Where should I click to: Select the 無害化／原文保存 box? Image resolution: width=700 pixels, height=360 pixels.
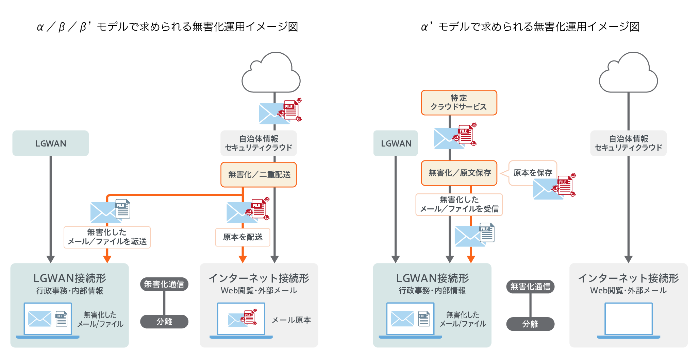tap(459, 173)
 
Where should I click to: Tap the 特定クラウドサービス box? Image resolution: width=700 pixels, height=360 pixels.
tap(459, 103)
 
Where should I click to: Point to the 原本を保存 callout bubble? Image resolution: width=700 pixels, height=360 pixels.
tap(532, 173)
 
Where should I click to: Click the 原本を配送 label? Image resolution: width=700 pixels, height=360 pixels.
tap(243, 237)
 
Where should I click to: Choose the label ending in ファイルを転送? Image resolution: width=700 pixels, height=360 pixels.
tap(107, 237)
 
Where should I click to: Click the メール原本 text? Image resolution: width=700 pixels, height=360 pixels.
tap(291, 320)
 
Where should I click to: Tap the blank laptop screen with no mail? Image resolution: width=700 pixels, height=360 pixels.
tap(628, 319)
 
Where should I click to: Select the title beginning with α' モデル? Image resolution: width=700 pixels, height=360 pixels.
tap(530, 27)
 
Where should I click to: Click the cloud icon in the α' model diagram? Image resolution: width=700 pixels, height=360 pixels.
tap(628, 73)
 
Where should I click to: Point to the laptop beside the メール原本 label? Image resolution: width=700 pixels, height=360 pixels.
tap(241, 320)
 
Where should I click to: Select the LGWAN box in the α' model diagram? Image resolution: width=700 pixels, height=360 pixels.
tap(396, 143)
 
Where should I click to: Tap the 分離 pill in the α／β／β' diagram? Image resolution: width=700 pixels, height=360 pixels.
tap(164, 322)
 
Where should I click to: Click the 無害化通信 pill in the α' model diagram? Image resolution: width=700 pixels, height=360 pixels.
tap(530, 287)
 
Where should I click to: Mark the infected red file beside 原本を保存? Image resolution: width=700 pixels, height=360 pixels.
tap(565, 185)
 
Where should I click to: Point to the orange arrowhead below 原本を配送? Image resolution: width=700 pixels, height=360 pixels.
tap(243, 259)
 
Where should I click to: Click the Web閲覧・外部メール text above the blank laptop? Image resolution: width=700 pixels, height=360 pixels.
tap(628, 291)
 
